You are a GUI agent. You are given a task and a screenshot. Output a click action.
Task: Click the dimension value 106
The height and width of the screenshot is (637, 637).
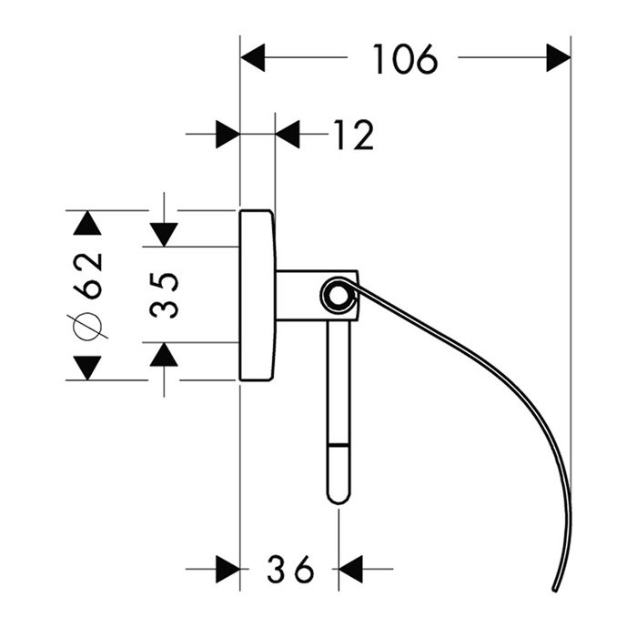[405, 60]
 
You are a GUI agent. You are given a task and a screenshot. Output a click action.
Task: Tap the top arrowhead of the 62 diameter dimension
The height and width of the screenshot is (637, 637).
[87, 223]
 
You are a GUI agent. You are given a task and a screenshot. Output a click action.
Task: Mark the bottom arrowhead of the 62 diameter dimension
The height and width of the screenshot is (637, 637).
[87, 368]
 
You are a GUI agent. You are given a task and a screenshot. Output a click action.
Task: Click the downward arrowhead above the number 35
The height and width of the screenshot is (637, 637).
[164, 234]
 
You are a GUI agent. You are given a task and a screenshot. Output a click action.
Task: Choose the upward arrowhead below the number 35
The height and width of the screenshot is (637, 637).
[164, 354]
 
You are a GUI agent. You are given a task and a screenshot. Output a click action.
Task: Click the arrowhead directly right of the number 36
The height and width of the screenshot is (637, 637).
[351, 571]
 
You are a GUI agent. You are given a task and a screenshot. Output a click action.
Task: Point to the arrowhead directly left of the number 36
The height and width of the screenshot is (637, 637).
[227, 571]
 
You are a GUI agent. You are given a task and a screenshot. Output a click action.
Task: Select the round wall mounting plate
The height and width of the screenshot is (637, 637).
[256, 295]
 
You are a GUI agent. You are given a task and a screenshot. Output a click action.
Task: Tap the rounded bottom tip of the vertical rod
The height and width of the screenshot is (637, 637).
[338, 496]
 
